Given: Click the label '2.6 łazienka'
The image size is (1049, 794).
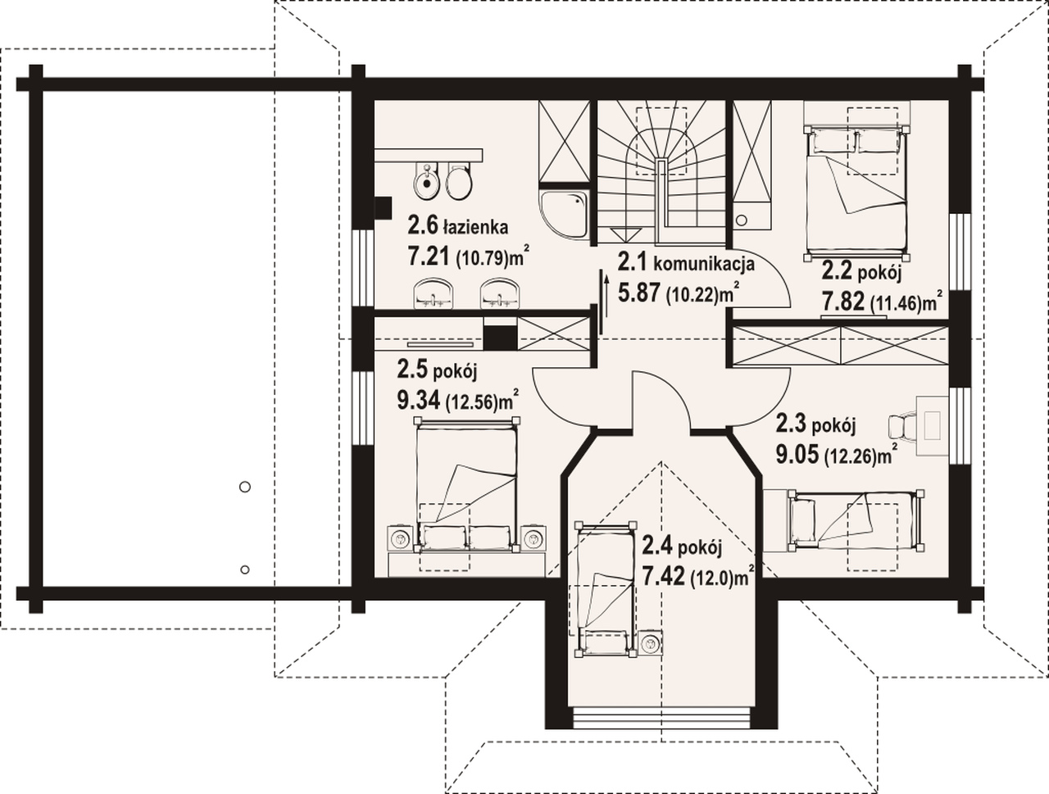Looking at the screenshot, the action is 457,226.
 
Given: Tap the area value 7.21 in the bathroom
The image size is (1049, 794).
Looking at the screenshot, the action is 428,257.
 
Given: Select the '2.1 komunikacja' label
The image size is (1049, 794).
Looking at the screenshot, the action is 687,263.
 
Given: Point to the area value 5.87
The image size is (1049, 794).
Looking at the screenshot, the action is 639,293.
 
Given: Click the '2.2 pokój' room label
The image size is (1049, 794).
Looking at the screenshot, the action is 861,273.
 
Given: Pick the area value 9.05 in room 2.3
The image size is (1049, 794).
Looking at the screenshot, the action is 797,454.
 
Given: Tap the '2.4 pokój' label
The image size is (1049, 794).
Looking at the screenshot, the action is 682,547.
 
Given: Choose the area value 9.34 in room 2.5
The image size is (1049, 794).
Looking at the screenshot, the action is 419,401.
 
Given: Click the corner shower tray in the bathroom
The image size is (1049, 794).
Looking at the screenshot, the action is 564,213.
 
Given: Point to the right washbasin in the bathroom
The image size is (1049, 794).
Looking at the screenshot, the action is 501,293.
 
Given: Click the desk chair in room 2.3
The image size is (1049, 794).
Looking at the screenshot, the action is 901,425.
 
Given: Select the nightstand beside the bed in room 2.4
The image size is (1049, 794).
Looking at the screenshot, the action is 651,643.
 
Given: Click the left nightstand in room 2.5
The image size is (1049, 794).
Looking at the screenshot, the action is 398,539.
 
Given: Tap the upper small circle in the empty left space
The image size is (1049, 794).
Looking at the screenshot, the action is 245,487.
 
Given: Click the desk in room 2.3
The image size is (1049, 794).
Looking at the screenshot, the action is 932,426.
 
